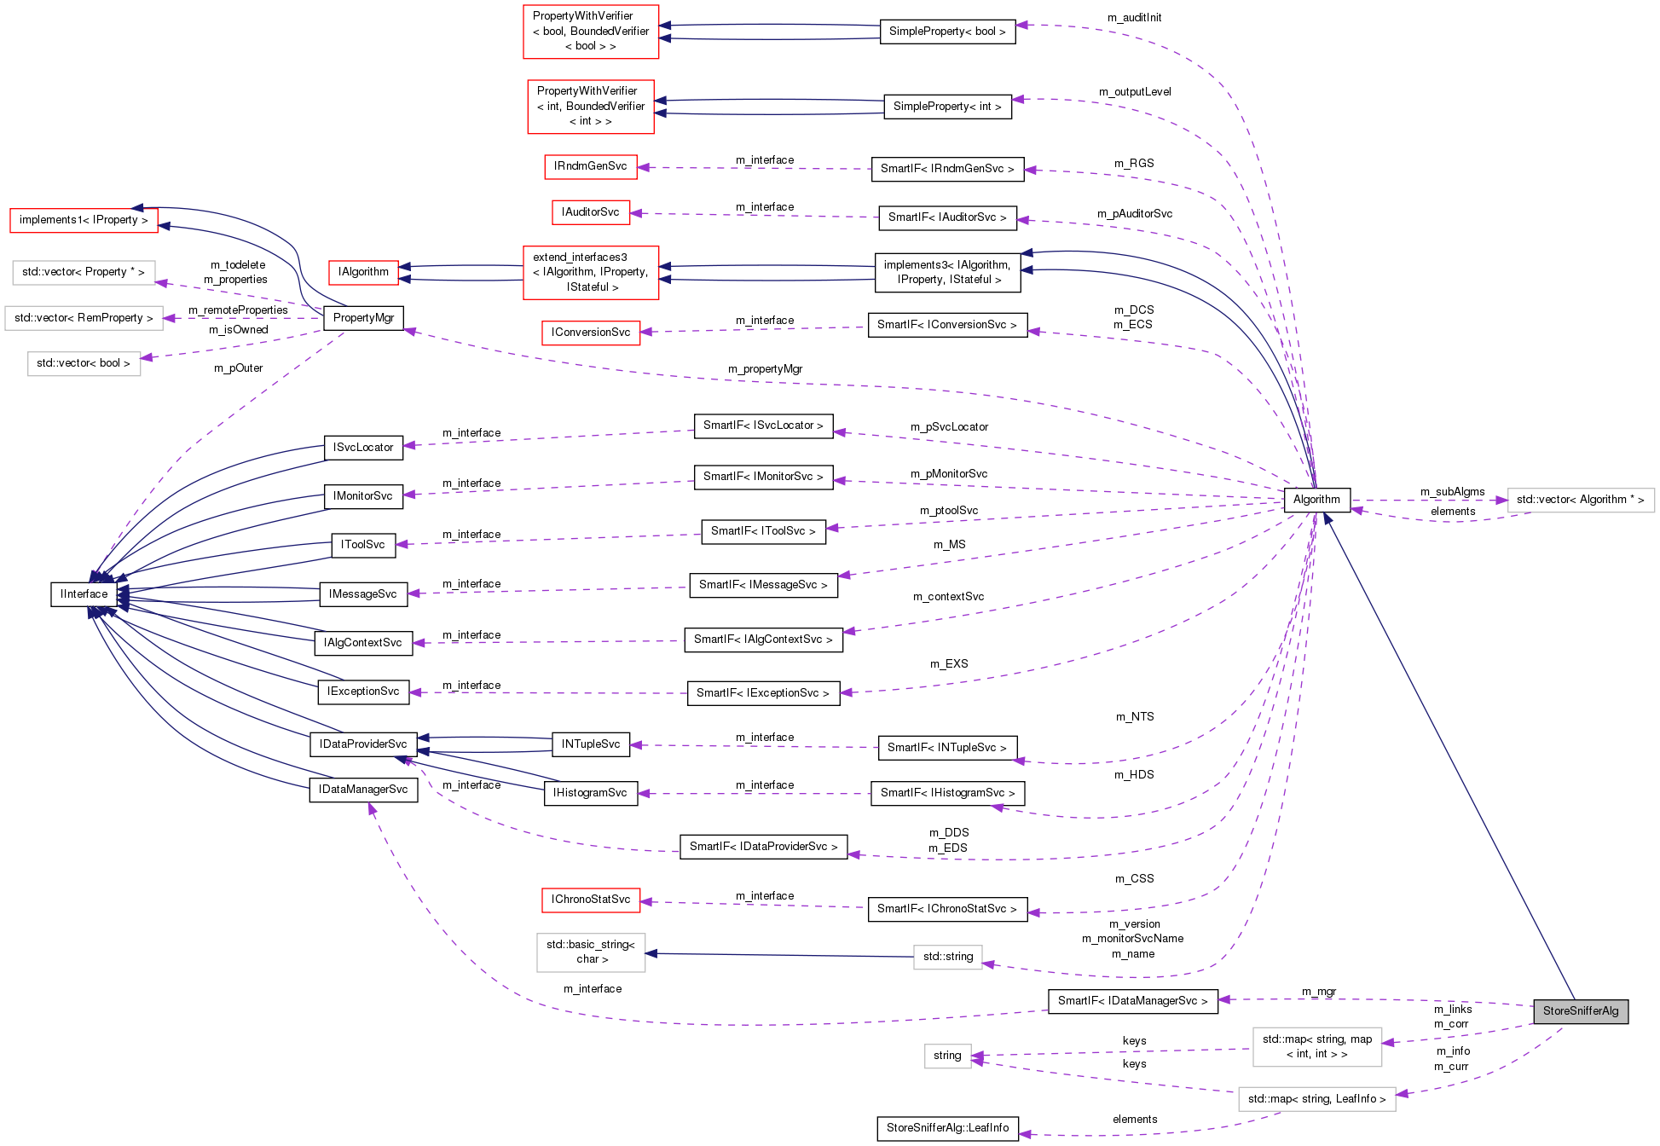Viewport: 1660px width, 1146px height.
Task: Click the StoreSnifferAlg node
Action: point(1580,1011)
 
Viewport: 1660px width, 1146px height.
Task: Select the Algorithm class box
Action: point(1316,500)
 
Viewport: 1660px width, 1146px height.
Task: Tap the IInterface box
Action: point(84,594)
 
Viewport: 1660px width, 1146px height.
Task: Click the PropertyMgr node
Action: point(363,318)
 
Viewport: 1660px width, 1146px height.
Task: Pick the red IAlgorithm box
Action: point(363,272)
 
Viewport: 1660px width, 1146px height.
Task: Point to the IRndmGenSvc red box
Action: point(590,166)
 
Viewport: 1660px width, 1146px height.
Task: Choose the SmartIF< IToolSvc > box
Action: point(763,531)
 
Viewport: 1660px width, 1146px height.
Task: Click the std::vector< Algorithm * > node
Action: point(1580,500)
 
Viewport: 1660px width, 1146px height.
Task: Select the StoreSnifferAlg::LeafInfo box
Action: point(947,1128)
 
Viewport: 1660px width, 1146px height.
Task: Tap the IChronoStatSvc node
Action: point(590,900)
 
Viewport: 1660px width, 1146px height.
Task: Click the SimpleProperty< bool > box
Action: point(947,32)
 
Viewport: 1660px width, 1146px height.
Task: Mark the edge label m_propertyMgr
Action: point(765,369)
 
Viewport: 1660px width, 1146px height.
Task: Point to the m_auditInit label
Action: point(1134,18)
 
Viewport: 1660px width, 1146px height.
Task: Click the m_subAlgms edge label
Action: point(1452,492)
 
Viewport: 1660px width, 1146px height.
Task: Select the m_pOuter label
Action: point(238,368)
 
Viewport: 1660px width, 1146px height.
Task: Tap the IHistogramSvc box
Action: point(590,793)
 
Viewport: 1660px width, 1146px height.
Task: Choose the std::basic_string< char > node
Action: point(590,952)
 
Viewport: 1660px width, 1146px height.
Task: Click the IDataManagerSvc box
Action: point(363,790)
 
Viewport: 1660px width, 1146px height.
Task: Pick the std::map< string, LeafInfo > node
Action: point(1316,1099)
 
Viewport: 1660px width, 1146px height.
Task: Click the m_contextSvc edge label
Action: point(948,597)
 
